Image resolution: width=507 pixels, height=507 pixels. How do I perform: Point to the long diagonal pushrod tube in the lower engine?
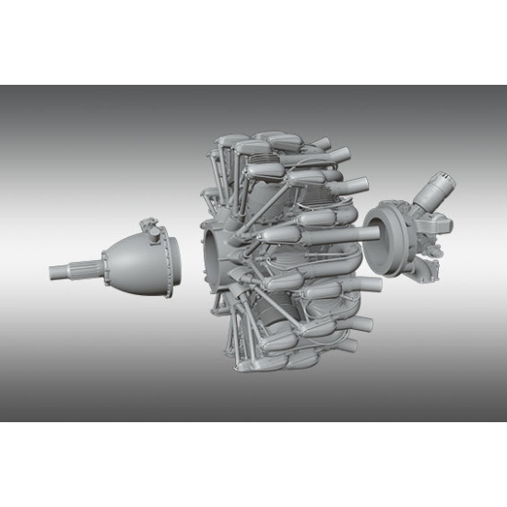(277, 313)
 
